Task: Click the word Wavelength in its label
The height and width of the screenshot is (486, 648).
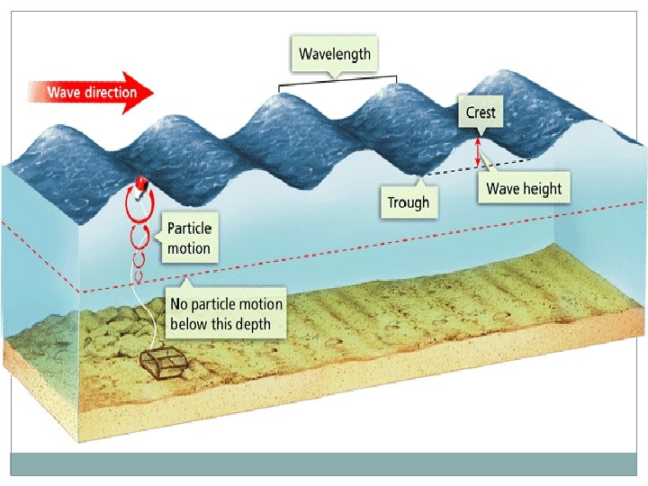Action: pyautogui.click(x=335, y=54)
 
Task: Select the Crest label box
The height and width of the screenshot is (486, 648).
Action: pyautogui.click(x=480, y=113)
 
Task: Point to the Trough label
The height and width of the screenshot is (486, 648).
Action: pyautogui.click(x=408, y=202)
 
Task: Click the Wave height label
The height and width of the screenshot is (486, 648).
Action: pyautogui.click(x=523, y=189)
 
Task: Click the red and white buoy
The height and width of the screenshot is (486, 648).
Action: pyautogui.click(x=140, y=185)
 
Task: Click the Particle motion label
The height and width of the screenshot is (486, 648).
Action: pyautogui.click(x=189, y=238)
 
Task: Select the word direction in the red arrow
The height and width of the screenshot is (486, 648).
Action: pyautogui.click(x=113, y=93)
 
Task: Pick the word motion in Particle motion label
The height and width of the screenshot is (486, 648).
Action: pyautogui.click(x=189, y=248)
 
